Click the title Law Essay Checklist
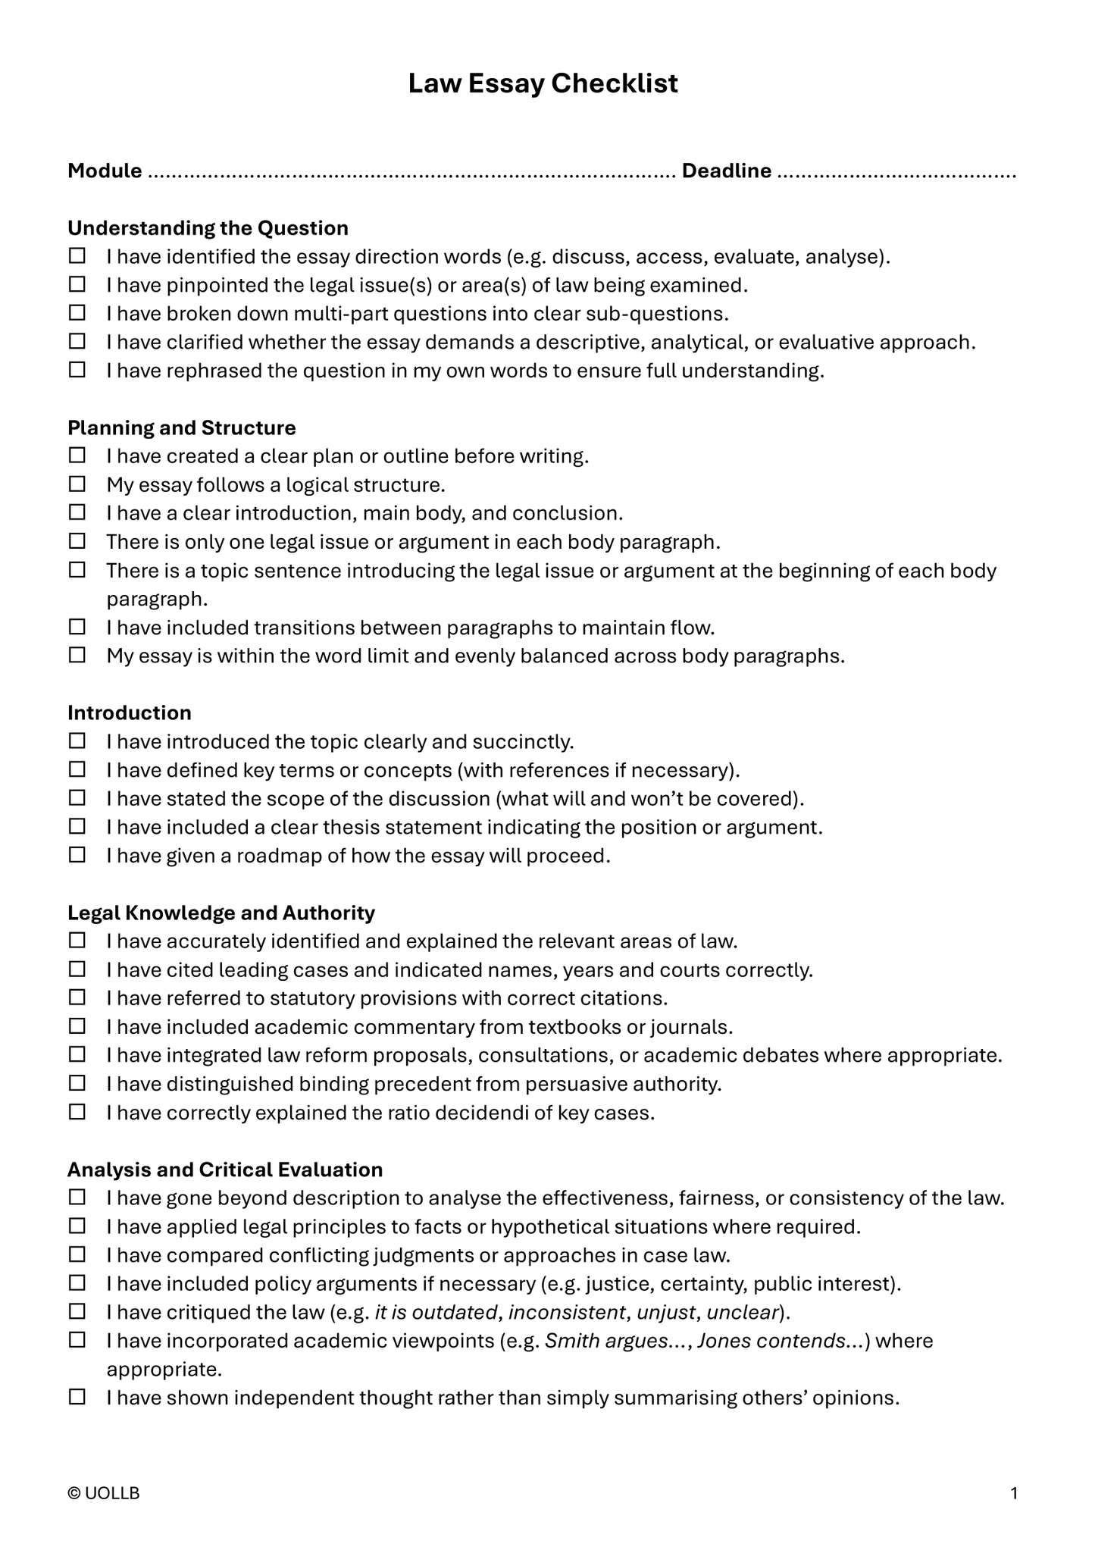point(543,83)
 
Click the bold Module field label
point(105,171)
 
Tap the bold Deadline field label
point(726,171)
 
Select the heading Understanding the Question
point(208,228)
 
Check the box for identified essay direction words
point(77,256)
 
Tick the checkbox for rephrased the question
point(77,371)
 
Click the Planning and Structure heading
point(182,428)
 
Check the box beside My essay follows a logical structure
point(77,484)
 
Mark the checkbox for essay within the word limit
point(77,656)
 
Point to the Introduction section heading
point(130,713)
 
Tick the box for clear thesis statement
point(77,827)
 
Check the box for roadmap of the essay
point(77,856)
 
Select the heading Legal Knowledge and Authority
point(221,913)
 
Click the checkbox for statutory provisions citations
point(77,998)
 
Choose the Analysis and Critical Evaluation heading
point(225,1170)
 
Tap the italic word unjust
point(667,1312)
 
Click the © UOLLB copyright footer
point(104,1493)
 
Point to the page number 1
point(1014,1493)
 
